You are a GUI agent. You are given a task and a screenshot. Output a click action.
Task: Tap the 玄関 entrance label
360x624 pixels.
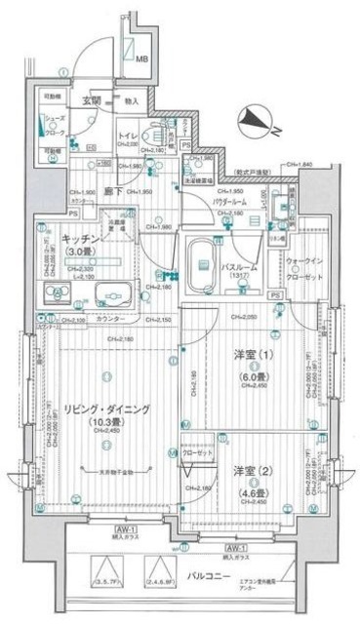click(91, 100)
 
